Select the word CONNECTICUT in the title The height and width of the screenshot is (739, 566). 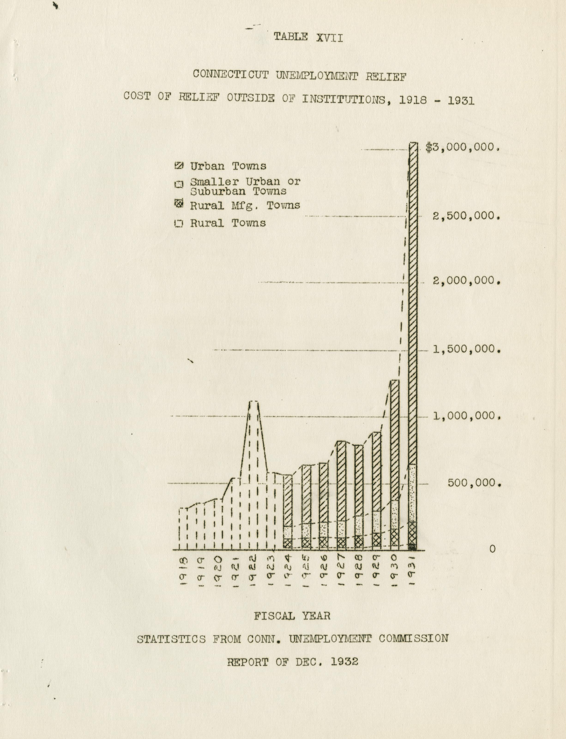231,75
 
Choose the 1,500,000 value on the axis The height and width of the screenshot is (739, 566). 467,349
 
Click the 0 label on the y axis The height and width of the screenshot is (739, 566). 492,549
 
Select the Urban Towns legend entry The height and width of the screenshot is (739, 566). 228,166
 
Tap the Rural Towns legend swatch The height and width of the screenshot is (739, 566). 179,224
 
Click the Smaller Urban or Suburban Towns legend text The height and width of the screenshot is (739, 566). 245,186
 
